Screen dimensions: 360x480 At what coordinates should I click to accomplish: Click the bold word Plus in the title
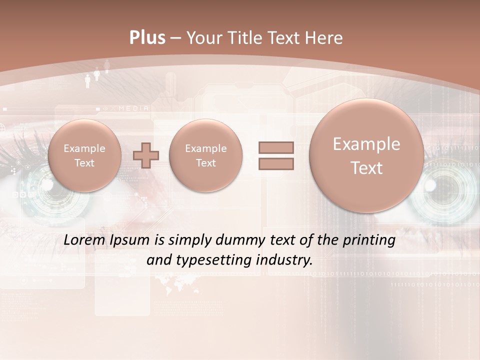coord(147,38)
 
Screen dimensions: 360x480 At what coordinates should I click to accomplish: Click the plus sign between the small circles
coord(146,155)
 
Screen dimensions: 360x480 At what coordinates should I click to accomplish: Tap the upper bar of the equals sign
coord(276,147)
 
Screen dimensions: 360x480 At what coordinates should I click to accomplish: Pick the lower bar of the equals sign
coord(276,163)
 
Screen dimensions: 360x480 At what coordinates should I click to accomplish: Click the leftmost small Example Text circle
coord(84,155)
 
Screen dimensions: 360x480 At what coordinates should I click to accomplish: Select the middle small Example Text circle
coord(205,155)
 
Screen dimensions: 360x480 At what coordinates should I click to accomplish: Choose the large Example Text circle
coord(366,155)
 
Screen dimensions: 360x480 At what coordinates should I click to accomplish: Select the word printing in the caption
coord(369,240)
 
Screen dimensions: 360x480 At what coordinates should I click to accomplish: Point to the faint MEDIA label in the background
coord(133,108)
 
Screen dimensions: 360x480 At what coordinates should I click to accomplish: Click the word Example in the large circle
coord(366,144)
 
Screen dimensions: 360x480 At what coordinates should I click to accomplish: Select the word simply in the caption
coord(190,240)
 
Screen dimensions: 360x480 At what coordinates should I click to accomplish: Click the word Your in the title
coord(202,38)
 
